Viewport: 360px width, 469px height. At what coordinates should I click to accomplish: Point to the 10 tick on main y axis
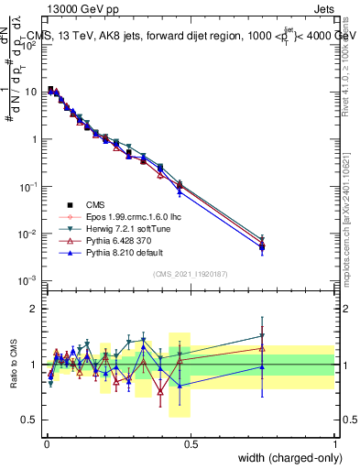pos(30,92)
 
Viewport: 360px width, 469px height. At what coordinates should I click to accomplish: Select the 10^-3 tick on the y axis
pos(27,280)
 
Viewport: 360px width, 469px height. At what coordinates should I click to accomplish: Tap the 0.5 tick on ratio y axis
pos(32,420)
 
